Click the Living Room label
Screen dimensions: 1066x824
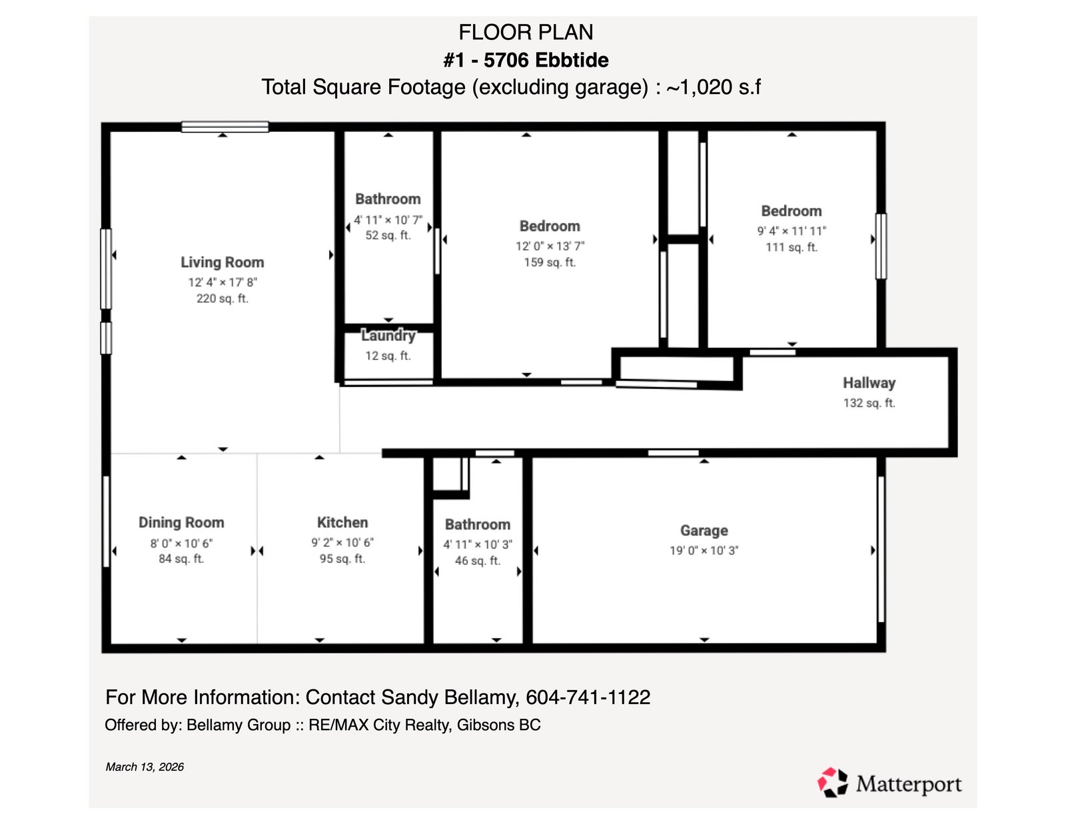[223, 262]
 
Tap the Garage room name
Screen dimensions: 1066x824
[704, 531]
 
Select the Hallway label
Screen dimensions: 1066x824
[869, 383]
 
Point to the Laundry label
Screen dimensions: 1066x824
[388, 336]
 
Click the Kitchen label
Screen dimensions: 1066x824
[342, 522]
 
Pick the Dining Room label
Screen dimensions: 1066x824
[181, 522]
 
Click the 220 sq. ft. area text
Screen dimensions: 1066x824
[223, 298]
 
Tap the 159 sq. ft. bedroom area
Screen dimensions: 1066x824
[550, 262]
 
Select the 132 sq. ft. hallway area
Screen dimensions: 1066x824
[869, 403]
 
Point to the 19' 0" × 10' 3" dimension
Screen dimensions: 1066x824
[704, 550]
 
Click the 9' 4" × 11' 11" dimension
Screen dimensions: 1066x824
[792, 231]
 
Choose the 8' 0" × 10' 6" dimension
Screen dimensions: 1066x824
[181, 543]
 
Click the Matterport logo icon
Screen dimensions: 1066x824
[833, 782]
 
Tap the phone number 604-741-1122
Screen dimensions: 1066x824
[588, 697]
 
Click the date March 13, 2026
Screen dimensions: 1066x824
[145, 767]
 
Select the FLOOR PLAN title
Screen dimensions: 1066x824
[526, 33]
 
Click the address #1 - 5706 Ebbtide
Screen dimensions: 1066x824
[526, 61]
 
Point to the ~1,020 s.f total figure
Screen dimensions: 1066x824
[714, 87]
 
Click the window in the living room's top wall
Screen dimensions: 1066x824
[225, 127]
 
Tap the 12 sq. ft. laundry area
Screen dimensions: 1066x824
[388, 356]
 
